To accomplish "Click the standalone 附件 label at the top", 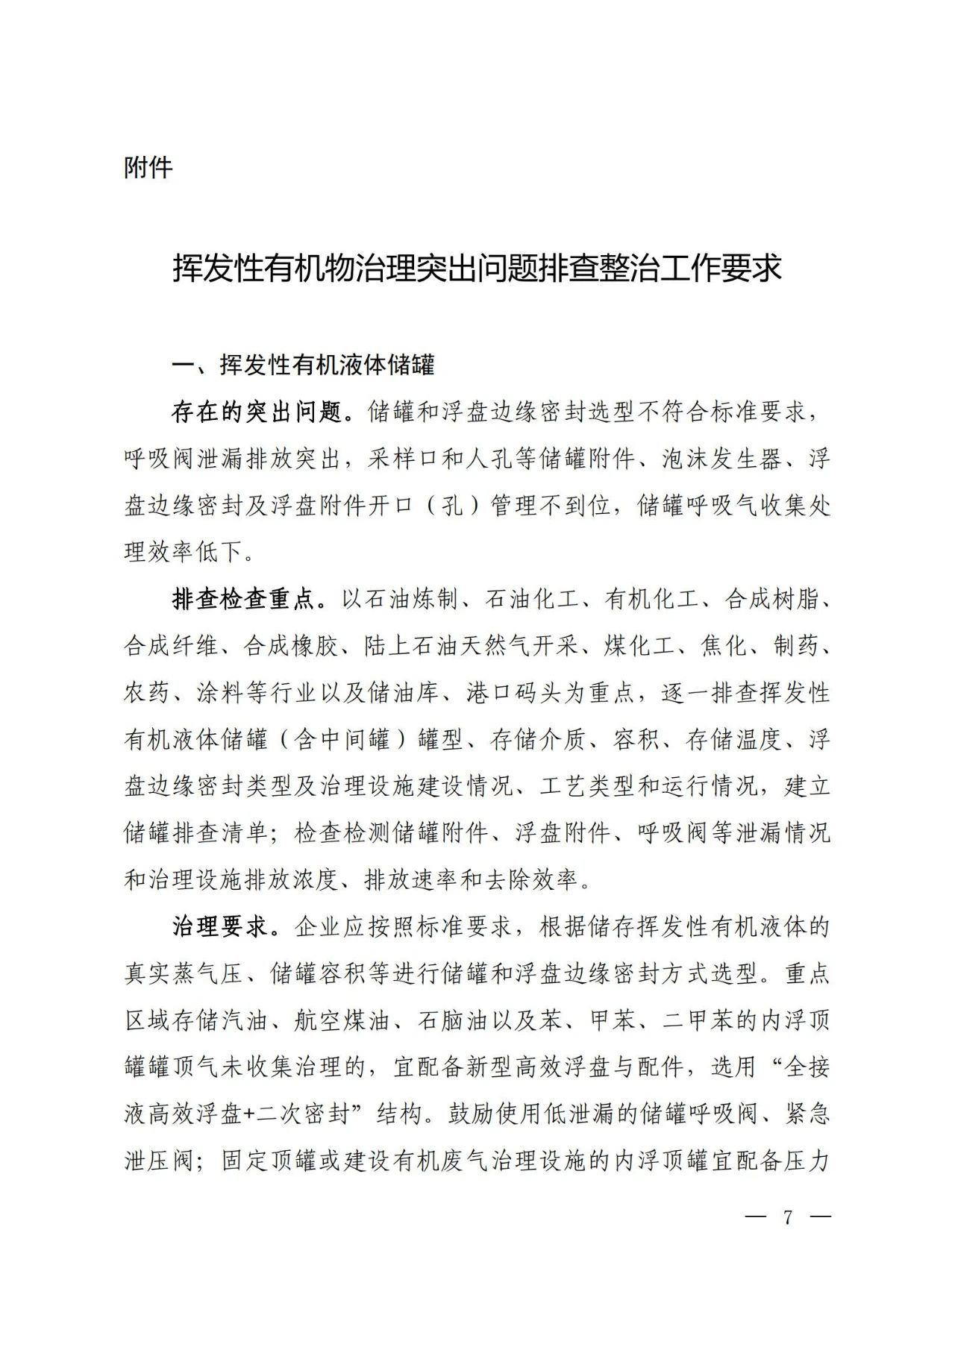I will coord(148,168).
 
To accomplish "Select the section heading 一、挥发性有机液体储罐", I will coord(303,365).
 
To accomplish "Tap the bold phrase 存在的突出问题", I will coord(257,412).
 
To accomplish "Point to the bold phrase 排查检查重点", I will coord(245,600).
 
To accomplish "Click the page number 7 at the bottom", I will coord(788,1217).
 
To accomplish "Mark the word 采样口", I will coord(404,459).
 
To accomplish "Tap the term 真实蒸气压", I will coord(184,974).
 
